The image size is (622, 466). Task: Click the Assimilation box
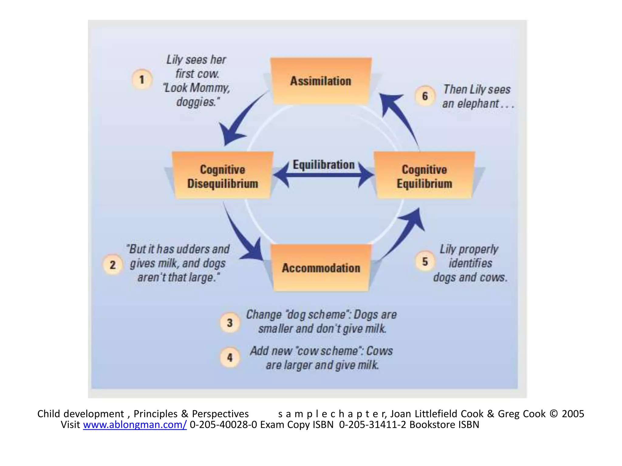pos(321,81)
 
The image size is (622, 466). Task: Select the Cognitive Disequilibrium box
pos(223,176)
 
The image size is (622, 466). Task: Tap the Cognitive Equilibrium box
pos(424,176)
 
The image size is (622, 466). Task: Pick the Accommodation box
pos(321,268)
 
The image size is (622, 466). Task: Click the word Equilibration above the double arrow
pos(323,165)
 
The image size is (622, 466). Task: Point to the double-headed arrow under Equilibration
pos(323,175)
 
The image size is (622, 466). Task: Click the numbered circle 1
pos(142,79)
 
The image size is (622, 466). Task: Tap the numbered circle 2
pos(113,265)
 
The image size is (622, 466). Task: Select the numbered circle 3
pos(230,322)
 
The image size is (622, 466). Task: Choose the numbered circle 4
pos(230,357)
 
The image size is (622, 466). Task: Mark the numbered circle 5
pos(425,262)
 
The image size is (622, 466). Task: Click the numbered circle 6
pos(425,96)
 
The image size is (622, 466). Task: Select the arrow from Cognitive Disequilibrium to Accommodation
pos(243,237)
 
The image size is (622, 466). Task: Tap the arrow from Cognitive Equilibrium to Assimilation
pos(401,118)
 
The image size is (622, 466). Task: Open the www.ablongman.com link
pos(135,425)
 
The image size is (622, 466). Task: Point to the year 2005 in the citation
pos(573,414)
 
